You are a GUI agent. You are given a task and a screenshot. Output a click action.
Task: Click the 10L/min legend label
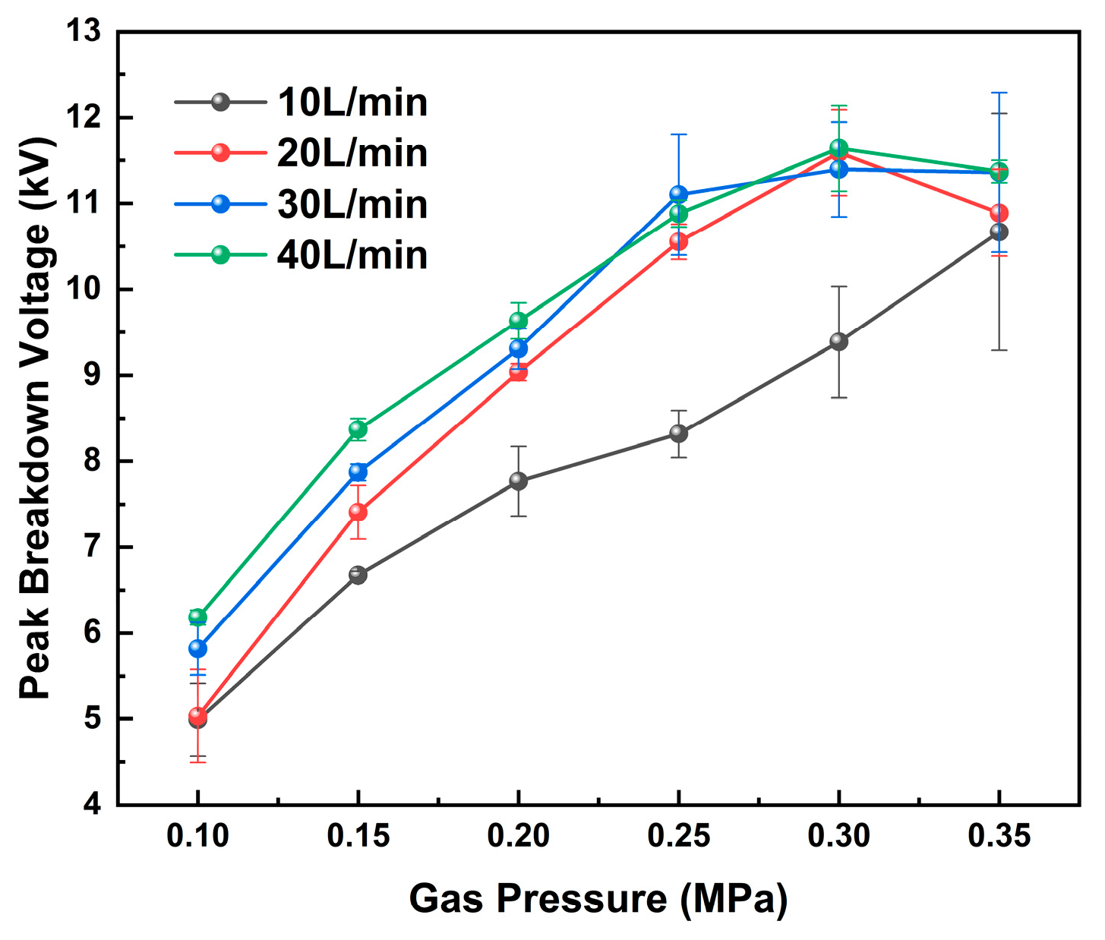tap(352, 103)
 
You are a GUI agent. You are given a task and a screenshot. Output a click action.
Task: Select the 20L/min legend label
tap(352, 153)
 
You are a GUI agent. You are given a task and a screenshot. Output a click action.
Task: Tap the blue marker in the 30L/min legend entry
tap(220, 204)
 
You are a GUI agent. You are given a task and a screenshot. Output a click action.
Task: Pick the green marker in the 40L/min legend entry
tap(220, 255)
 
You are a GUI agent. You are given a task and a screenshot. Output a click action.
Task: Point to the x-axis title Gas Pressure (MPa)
tap(598, 899)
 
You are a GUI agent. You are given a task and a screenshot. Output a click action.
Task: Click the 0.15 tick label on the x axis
tap(358, 836)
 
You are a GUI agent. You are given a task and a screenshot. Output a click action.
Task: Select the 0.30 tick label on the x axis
tap(838, 836)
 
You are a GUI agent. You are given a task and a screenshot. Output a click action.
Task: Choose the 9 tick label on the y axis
tap(93, 376)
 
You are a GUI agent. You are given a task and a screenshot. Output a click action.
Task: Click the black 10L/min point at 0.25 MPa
tap(678, 434)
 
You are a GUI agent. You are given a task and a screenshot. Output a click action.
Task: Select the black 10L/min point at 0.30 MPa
tap(838, 342)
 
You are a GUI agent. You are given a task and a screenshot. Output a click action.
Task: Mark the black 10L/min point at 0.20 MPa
tap(518, 481)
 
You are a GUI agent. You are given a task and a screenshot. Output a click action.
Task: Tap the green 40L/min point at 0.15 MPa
tap(358, 430)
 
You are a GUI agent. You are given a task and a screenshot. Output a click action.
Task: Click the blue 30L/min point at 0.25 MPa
tap(678, 194)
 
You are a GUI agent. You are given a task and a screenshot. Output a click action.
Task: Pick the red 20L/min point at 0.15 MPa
tap(358, 513)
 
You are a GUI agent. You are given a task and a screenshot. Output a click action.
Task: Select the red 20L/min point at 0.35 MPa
tap(999, 213)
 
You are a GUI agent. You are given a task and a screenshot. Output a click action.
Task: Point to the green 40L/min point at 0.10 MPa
tap(197, 617)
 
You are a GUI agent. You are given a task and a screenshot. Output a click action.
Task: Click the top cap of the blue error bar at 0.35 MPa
tap(999, 93)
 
